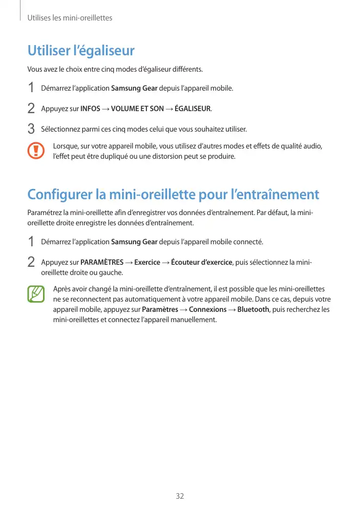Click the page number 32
pyautogui.click(x=180, y=496)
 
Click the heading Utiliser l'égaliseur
pyautogui.click(x=81, y=51)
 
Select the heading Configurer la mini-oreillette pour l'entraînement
pyautogui.click(x=173, y=195)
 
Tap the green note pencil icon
pyautogui.click(x=36, y=294)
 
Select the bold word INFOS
pyautogui.click(x=91, y=109)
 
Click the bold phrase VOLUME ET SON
pyautogui.click(x=137, y=109)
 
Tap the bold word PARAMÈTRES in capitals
pyautogui.click(x=102, y=263)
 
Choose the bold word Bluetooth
pyautogui.click(x=253, y=310)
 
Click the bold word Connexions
pyautogui.click(x=207, y=310)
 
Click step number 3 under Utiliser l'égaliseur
pyautogui.click(x=31, y=128)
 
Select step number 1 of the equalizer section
pyautogui.click(x=31, y=88)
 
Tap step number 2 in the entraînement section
pyautogui.click(x=31, y=262)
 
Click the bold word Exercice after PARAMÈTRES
pyautogui.click(x=147, y=263)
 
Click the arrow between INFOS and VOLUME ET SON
pyautogui.click(x=105, y=109)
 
